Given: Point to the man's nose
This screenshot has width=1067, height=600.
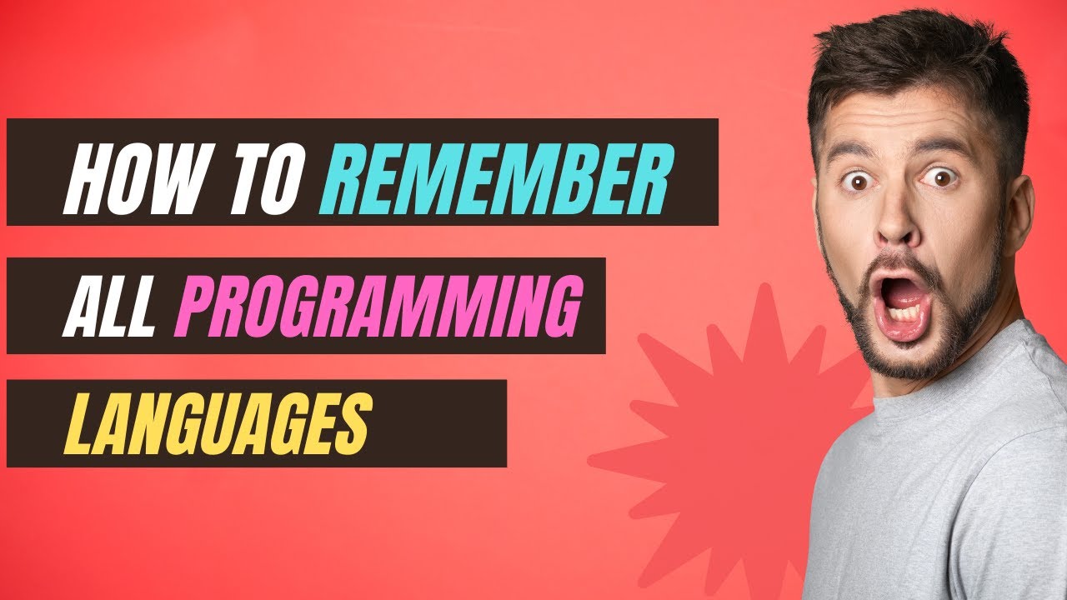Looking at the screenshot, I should point(899,218).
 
